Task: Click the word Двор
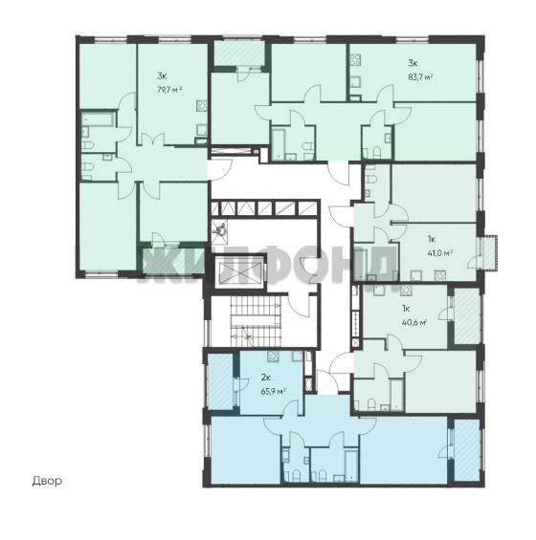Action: tap(47, 481)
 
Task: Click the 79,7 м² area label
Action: tap(169, 90)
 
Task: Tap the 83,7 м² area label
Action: tap(420, 77)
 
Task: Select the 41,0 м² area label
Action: tap(439, 253)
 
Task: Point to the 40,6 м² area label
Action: tap(414, 323)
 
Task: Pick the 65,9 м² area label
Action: tap(274, 391)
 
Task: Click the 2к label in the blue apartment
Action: tap(265, 378)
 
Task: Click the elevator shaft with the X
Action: tap(238, 272)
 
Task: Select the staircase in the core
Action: tap(256, 321)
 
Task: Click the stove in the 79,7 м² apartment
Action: tap(202, 105)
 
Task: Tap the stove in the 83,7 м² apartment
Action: tap(355, 60)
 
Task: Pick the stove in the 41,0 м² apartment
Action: tap(439, 276)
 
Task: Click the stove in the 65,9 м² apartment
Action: tap(273, 356)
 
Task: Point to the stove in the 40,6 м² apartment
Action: tap(406, 291)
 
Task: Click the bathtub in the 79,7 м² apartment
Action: tap(98, 119)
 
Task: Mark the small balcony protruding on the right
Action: tap(489, 252)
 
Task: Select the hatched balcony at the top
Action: tap(238, 53)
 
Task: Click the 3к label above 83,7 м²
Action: tap(413, 63)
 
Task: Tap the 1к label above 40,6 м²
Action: tap(406, 309)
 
